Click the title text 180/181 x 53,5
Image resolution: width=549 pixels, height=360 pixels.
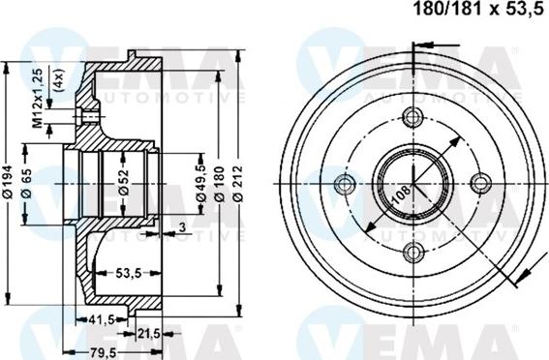click(x=478, y=9)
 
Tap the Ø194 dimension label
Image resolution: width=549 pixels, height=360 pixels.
click(x=8, y=182)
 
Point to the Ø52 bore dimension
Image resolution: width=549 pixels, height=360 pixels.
click(x=124, y=183)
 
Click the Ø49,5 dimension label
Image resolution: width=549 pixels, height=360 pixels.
click(x=201, y=183)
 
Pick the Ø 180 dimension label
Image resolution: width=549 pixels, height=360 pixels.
click(x=220, y=184)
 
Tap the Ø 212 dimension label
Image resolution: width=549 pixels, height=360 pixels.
click(x=238, y=184)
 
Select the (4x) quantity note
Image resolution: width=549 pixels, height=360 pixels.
click(x=58, y=79)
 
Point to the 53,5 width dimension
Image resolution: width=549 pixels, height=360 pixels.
click(x=128, y=273)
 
